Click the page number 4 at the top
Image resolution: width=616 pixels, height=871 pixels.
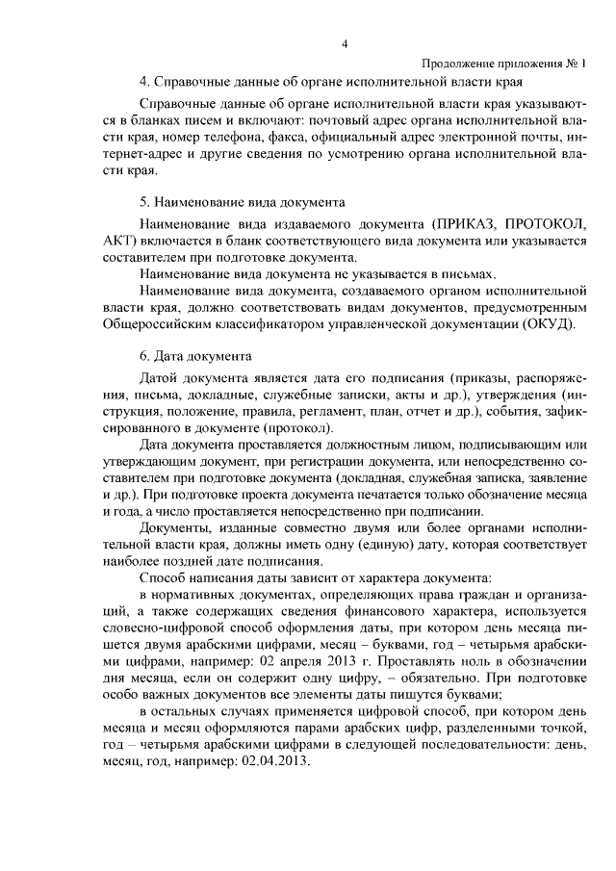[x=344, y=42]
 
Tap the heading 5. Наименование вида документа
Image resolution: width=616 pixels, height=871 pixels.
[x=243, y=204]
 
